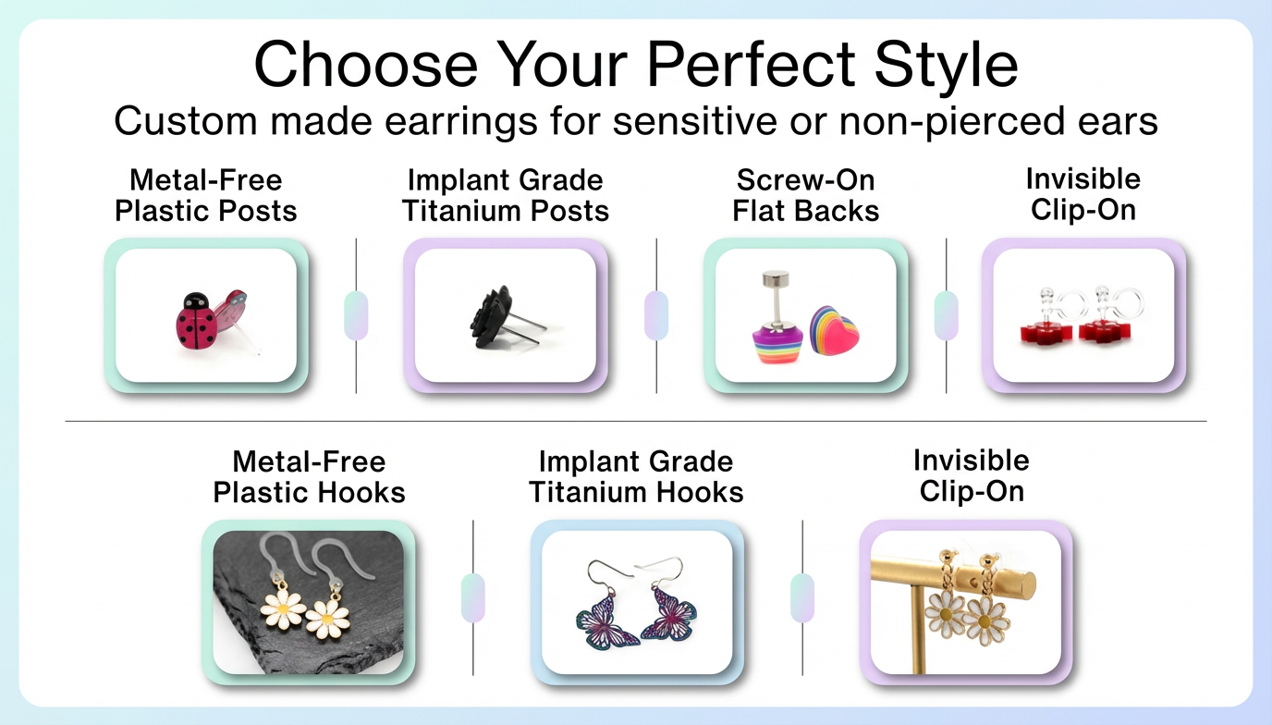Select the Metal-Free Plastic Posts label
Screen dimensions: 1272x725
point(206,195)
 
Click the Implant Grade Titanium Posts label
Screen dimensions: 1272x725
point(506,195)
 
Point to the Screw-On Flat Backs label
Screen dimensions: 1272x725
point(806,195)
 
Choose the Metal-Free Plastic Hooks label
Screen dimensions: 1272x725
point(310,476)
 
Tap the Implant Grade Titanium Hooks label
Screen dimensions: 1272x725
point(636,476)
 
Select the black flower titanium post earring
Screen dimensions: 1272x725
point(493,318)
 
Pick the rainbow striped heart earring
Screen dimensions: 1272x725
point(834,330)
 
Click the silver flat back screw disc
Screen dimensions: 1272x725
point(775,279)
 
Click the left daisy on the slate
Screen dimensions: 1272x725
point(282,608)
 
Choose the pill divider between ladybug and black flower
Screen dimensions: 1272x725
point(356,315)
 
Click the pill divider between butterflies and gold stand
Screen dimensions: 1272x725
point(802,597)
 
